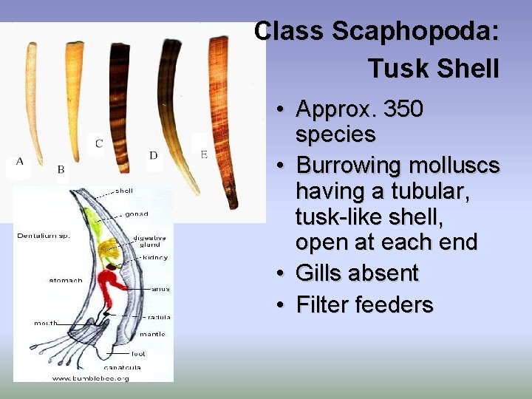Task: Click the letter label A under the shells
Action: pyautogui.click(x=19, y=161)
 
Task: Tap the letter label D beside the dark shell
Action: pyautogui.click(x=154, y=155)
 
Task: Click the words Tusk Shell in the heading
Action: pyautogui.click(x=434, y=69)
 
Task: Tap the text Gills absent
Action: pyautogui.click(x=357, y=273)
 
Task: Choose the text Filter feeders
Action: pyautogui.click(x=364, y=305)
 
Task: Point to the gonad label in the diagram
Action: pyautogui.click(x=136, y=214)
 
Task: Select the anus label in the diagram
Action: pyautogui.click(x=160, y=288)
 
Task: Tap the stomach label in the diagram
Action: pyautogui.click(x=66, y=281)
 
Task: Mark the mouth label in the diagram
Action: pyautogui.click(x=47, y=323)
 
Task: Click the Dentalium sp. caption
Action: pyautogui.click(x=44, y=236)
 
